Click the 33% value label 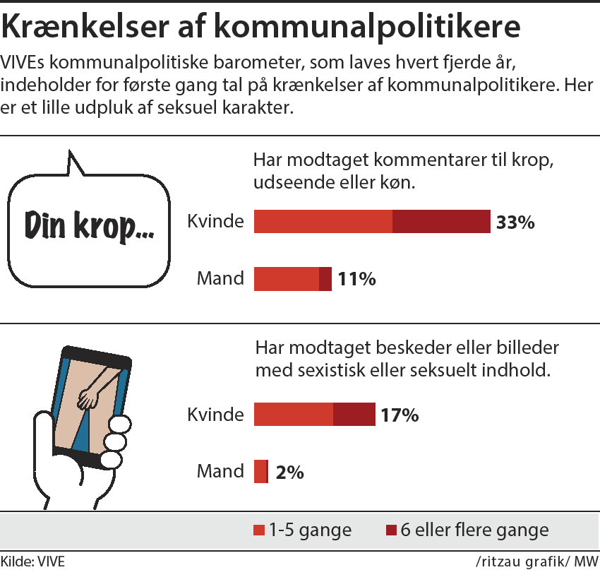pos(515,222)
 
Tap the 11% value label pos(356,279)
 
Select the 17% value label pos(400,415)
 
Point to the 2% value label pos(289,472)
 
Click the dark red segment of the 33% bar pos(441,222)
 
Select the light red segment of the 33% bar pos(323,222)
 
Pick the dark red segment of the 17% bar pos(354,415)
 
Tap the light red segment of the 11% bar pos(286,279)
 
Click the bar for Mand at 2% pos(260,472)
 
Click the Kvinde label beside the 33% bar pos(215,221)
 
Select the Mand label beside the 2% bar pos(220,471)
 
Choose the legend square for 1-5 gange pos(258,530)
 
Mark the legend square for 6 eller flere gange pos(391,530)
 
